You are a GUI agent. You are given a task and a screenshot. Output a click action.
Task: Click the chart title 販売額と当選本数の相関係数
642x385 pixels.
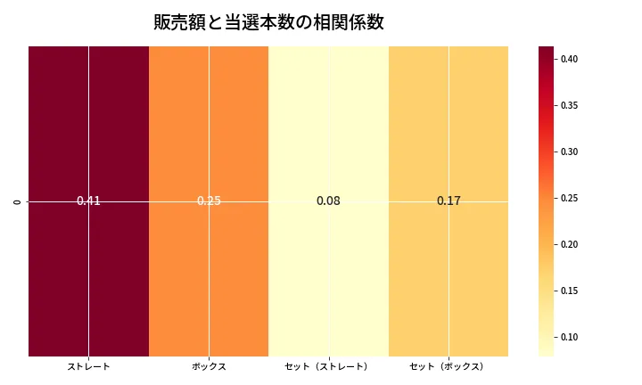(x=268, y=22)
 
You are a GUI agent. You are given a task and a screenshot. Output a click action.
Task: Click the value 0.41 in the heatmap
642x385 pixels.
(x=88, y=201)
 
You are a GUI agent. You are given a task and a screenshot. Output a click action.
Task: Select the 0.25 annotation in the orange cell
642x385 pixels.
(x=209, y=201)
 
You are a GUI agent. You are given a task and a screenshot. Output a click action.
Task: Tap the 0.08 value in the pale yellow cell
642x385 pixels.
(x=328, y=201)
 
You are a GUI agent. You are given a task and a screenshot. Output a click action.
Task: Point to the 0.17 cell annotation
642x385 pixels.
(x=449, y=201)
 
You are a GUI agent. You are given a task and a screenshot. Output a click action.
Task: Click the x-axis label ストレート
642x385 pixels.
(x=88, y=366)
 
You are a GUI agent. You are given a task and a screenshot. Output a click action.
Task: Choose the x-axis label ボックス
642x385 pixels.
(x=209, y=366)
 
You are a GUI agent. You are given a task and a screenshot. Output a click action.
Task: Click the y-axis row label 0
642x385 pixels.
(x=17, y=201)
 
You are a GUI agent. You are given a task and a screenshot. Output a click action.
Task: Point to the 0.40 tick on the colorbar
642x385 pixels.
(x=569, y=60)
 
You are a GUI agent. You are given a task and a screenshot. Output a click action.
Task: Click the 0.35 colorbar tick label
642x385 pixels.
(x=569, y=106)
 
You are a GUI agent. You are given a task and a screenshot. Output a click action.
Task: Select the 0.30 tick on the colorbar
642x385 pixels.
(x=569, y=152)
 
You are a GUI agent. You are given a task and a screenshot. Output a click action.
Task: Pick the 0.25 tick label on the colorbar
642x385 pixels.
(x=569, y=198)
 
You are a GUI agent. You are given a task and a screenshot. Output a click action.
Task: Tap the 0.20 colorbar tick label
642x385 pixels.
(x=569, y=244)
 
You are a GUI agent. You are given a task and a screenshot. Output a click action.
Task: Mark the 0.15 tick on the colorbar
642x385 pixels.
(x=569, y=291)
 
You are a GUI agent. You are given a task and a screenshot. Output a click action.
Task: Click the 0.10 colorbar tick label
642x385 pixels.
(x=569, y=337)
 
